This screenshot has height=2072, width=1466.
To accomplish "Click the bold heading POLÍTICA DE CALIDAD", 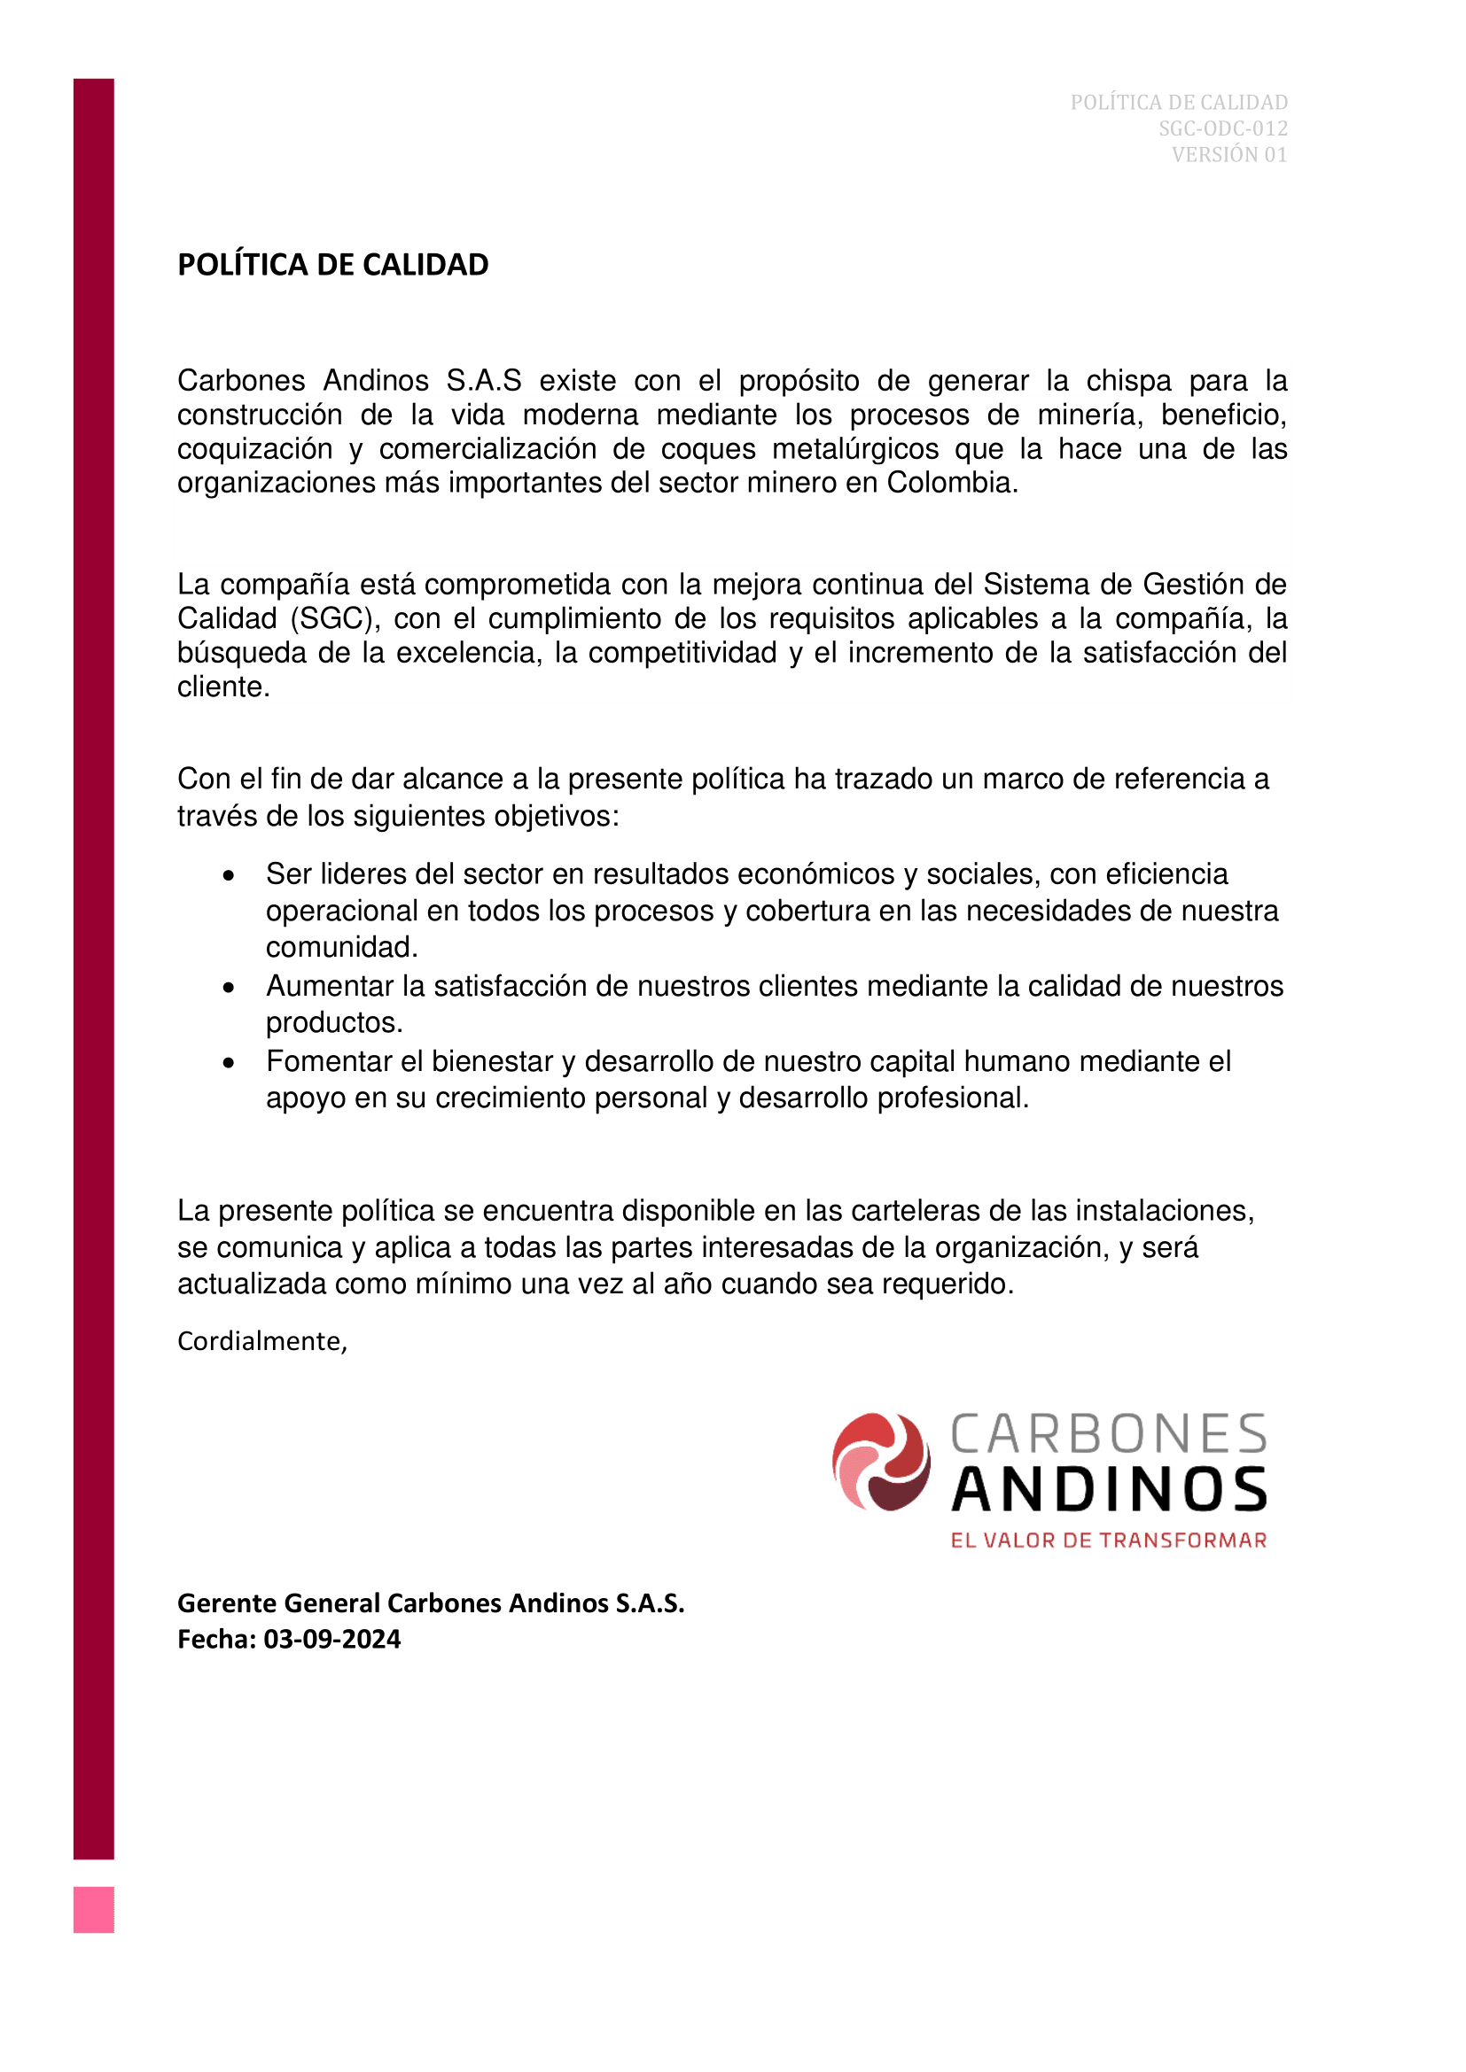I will [x=332, y=264].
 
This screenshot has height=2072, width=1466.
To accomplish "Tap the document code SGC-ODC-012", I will [x=1222, y=128].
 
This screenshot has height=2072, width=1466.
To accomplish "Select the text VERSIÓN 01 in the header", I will [x=1228, y=154].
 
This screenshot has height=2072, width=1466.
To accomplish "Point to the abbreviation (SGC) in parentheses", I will [x=331, y=618].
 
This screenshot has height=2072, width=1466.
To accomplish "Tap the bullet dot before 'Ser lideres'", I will [x=230, y=875].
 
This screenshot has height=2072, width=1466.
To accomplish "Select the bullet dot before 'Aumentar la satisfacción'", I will [x=230, y=987].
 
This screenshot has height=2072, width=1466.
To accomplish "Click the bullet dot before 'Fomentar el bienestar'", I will [x=230, y=1063].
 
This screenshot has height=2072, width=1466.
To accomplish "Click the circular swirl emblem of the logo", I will [x=881, y=1461].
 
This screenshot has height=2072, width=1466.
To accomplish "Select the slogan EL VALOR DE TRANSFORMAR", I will [x=1109, y=1540].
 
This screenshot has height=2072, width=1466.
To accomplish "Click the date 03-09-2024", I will [x=331, y=1639].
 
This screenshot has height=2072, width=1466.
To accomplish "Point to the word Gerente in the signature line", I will [x=227, y=1603].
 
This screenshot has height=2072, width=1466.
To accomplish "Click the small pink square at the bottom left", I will [x=94, y=1910].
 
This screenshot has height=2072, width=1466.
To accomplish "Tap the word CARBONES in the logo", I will [x=1110, y=1435].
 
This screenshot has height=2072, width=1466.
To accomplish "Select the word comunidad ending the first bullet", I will [x=340, y=947].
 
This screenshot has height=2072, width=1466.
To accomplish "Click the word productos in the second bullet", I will [x=333, y=1022].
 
